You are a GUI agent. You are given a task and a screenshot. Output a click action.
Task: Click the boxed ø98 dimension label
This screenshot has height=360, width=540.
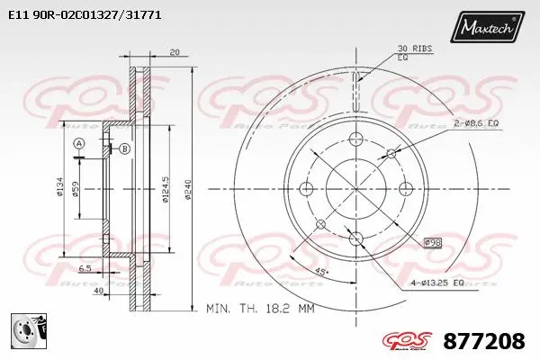[434, 243]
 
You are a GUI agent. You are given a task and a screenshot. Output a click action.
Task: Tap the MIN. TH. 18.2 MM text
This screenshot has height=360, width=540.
[262, 308]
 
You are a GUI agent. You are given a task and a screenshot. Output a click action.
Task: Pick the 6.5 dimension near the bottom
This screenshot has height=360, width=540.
[84, 269]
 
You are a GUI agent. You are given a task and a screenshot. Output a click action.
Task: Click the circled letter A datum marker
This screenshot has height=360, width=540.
[79, 144]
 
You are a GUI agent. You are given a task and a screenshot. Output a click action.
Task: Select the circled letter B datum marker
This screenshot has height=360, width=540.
[124, 148]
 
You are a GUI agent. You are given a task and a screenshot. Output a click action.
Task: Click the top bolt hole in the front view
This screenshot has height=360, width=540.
[355, 140]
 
